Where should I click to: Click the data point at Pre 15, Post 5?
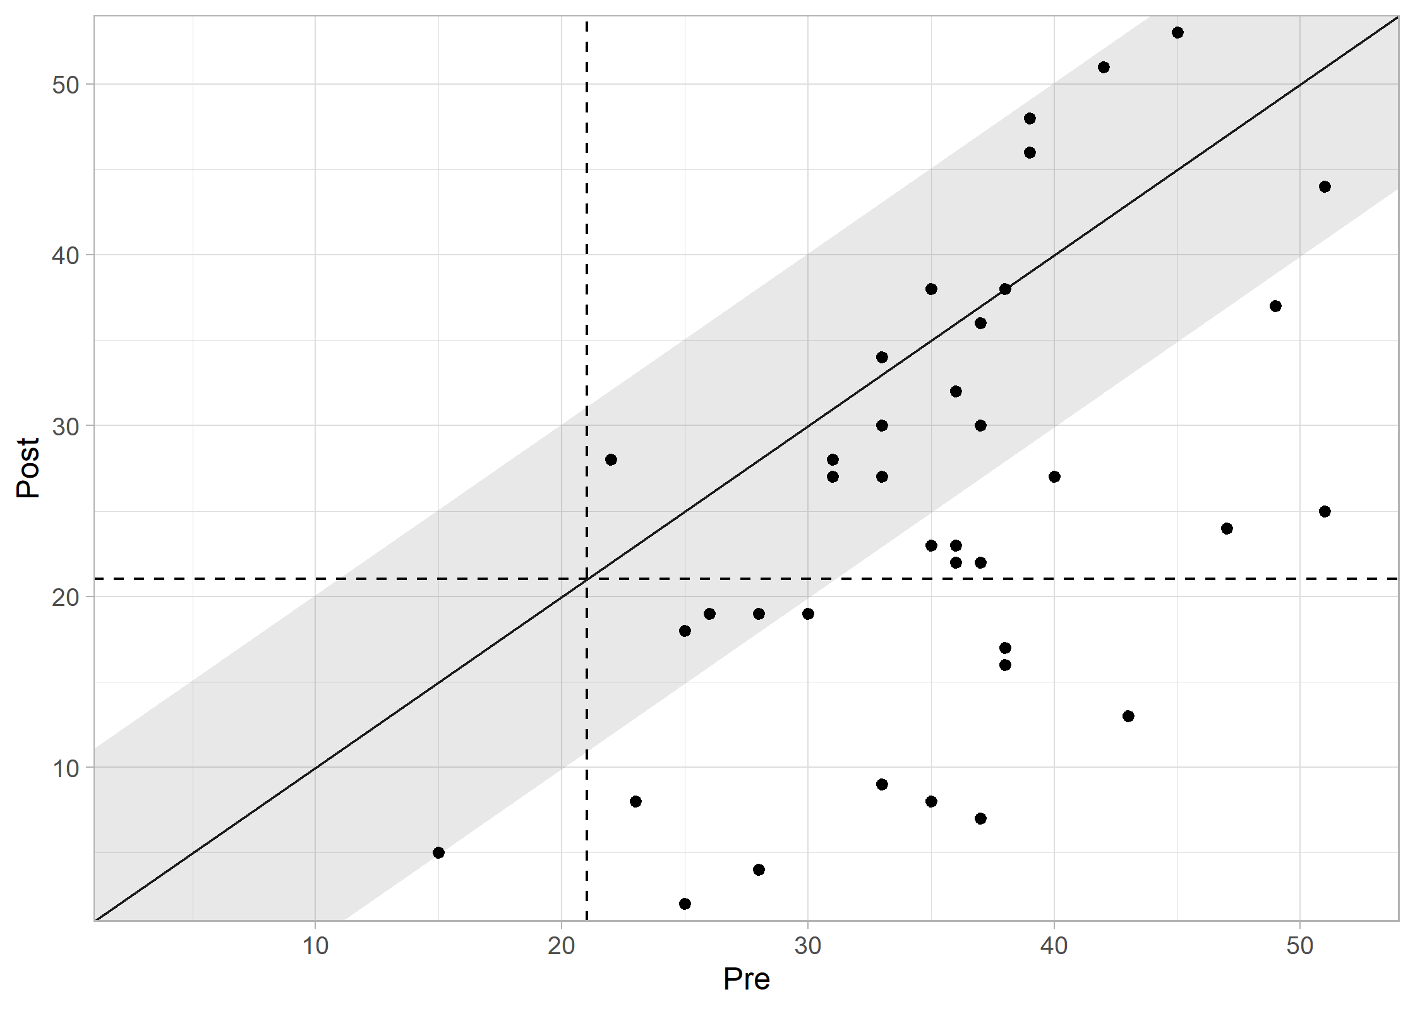point(438,852)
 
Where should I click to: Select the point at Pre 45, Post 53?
point(1177,33)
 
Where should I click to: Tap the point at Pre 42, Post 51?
point(1104,67)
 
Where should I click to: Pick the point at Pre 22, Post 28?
point(611,459)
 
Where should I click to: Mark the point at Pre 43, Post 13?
point(1128,716)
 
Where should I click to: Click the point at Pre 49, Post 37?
point(1275,306)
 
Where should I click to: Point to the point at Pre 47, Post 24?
point(1227,528)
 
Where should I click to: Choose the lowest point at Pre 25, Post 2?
point(685,904)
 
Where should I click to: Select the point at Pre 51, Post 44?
point(1325,186)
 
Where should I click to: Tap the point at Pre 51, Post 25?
point(1325,511)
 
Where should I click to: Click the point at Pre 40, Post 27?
point(1054,476)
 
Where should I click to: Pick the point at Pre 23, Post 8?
point(635,801)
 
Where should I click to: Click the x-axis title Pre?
point(746,979)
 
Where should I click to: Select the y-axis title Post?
point(28,468)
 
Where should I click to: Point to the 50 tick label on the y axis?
point(65,85)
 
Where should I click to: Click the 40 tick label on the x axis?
point(1054,946)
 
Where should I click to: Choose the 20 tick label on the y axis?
point(65,597)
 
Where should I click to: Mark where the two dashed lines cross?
point(587,579)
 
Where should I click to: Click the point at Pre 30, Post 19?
point(808,614)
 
